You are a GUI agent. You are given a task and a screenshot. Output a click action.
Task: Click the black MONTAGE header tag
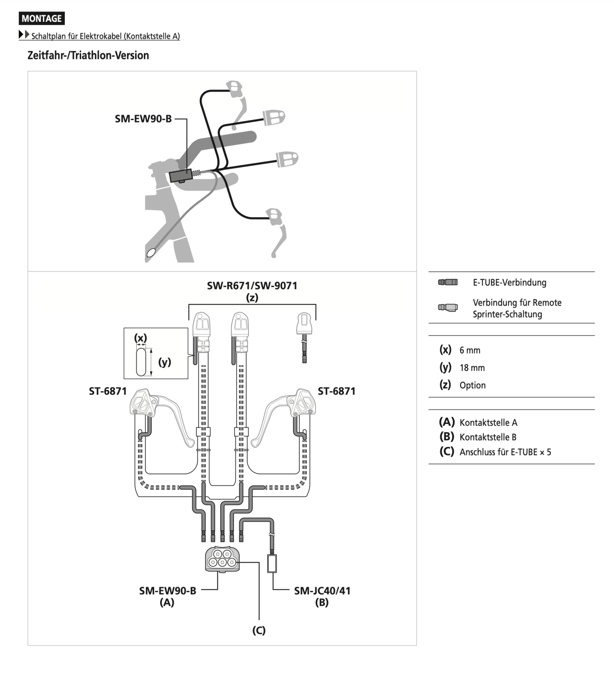(x=41, y=18)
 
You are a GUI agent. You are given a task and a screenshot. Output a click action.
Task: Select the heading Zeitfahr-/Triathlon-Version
(x=88, y=55)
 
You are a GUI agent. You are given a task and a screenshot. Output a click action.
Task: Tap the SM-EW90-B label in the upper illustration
(x=143, y=119)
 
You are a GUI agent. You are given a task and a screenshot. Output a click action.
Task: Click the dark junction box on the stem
(x=181, y=175)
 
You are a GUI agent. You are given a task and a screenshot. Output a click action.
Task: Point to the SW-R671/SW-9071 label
(x=252, y=286)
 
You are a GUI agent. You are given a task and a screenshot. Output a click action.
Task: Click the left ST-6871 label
(x=108, y=391)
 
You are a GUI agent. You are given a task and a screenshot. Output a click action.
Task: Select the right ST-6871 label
(x=336, y=391)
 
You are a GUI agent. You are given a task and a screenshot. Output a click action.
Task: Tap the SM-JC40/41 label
(x=322, y=591)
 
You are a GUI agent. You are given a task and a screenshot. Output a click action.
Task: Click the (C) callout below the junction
(x=259, y=630)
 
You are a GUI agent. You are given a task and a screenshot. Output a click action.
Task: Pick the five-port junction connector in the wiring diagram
(x=222, y=558)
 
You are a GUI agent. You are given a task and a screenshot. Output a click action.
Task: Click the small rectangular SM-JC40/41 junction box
(x=272, y=563)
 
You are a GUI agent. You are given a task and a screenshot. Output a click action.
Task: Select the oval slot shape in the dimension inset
(x=141, y=362)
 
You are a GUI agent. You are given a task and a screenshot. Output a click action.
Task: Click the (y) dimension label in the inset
(x=164, y=362)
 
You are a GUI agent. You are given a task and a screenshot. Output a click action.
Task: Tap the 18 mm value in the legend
(x=472, y=368)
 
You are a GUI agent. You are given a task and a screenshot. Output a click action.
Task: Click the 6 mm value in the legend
(x=470, y=350)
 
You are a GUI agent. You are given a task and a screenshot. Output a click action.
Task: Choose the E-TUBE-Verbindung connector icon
(x=447, y=282)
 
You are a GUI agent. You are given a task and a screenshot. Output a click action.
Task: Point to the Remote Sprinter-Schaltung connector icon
(x=447, y=307)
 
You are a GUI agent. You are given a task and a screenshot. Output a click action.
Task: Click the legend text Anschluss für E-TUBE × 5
(x=505, y=452)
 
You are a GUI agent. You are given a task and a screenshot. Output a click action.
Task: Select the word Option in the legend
(x=472, y=385)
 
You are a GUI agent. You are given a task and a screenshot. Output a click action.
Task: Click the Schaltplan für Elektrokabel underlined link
(x=105, y=36)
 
